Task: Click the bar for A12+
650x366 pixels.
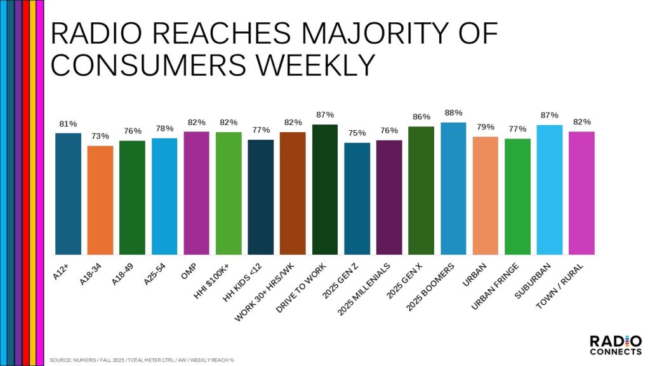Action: (68, 193)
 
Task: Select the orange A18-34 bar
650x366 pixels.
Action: (100, 200)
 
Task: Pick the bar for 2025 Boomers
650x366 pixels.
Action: (453, 188)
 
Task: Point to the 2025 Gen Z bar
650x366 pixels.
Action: (357, 198)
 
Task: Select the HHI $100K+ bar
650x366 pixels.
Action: (229, 193)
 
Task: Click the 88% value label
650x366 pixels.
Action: (453, 112)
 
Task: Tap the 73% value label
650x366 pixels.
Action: (100, 136)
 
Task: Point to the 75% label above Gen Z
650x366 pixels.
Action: (357, 133)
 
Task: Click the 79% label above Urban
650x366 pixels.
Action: (485, 126)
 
